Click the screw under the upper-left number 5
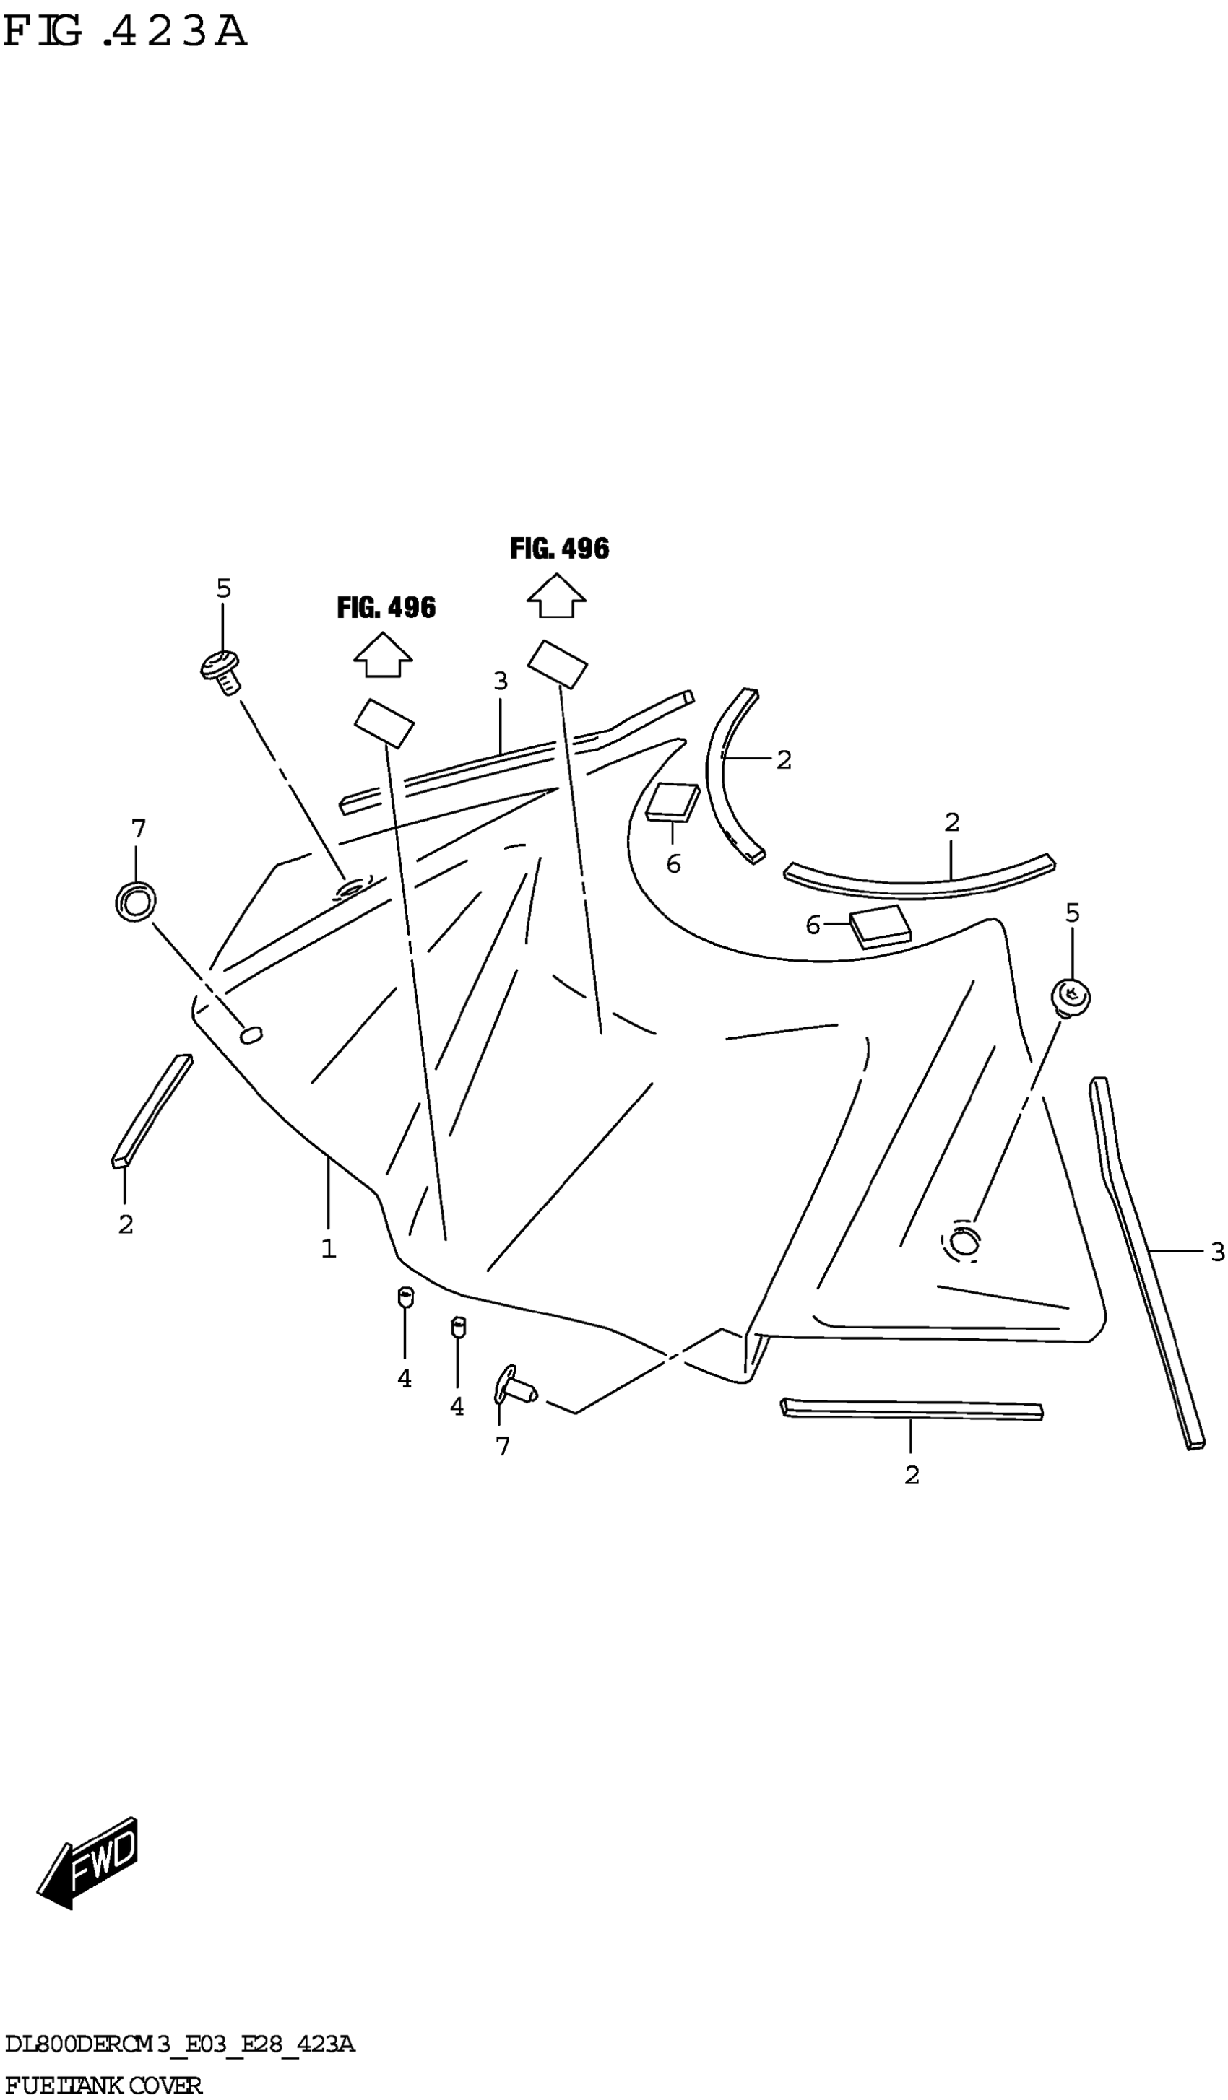coord(221,671)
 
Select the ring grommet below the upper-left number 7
coord(135,900)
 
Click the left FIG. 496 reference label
coord(386,608)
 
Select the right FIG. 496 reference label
coord(559,549)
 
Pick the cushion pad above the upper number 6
coord(673,801)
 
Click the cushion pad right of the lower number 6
coord(880,925)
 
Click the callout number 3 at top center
coord(500,681)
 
